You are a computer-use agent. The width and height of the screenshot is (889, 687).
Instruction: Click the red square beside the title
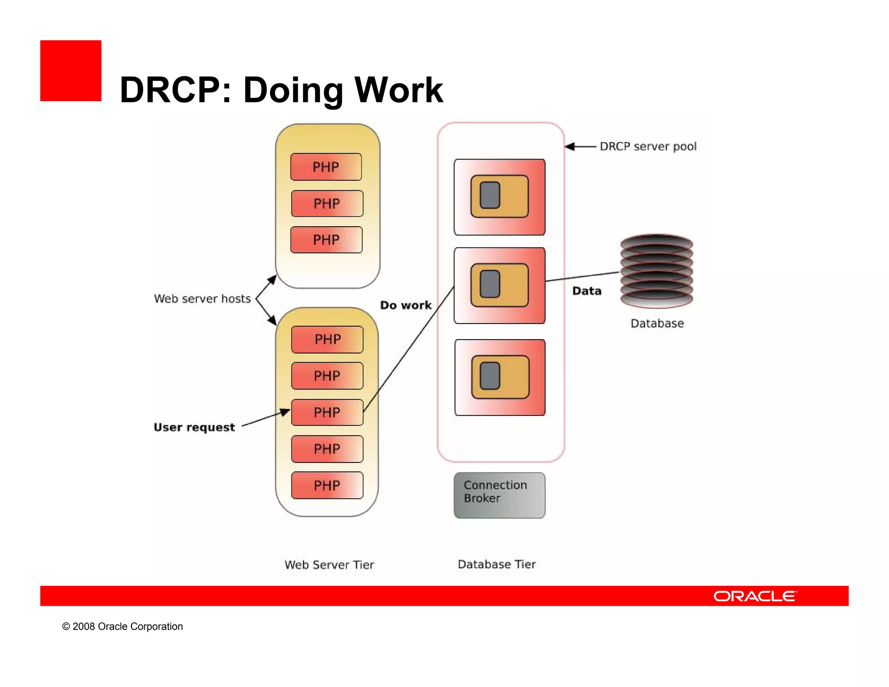(71, 71)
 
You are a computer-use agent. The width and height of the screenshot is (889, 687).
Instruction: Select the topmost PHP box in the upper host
(326, 167)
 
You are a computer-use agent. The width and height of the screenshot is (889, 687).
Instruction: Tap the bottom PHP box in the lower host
(327, 485)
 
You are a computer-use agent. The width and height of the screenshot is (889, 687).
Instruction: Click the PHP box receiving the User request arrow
(327, 412)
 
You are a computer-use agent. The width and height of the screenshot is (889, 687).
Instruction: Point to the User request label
(194, 427)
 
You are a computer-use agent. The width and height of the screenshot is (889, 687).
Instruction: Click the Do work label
(406, 305)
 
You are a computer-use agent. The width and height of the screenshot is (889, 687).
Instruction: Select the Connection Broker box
(499, 495)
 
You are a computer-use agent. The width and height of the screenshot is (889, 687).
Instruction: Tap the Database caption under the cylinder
(657, 324)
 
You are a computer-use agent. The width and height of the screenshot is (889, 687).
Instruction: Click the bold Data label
(587, 291)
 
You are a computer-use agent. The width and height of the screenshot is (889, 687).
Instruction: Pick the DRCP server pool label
(648, 146)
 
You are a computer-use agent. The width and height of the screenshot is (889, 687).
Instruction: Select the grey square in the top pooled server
(490, 195)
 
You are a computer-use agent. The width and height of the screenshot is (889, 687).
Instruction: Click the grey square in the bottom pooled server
(490, 376)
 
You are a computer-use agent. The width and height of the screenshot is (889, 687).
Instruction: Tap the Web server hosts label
(202, 299)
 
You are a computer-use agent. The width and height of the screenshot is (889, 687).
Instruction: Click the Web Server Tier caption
(329, 565)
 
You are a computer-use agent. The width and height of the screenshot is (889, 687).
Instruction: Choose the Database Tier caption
(497, 564)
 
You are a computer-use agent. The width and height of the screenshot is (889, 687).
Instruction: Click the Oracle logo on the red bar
(755, 596)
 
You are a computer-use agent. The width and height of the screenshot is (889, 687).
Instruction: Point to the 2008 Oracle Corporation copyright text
(122, 626)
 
